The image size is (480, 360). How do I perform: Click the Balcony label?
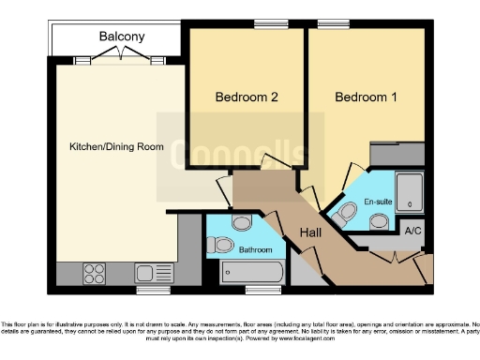click(x=122, y=37)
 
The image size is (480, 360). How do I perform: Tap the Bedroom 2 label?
click(x=247, y=97)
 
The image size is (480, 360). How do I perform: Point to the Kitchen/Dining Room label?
click(x=117, y=147)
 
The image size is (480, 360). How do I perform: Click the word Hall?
click(x=312, y=233)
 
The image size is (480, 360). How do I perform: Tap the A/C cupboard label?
click(x=412, y=230)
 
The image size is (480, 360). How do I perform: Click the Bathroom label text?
click(x=255, y=250)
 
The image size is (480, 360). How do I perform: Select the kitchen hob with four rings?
click(x=96, y=274)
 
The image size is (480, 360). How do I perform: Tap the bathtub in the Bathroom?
click(x=254, y=274)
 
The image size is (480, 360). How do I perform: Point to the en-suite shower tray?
click(x=411, y=191)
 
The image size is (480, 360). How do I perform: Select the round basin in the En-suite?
click(x=380, y=221)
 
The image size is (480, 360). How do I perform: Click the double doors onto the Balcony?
click(x=123, y=58)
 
